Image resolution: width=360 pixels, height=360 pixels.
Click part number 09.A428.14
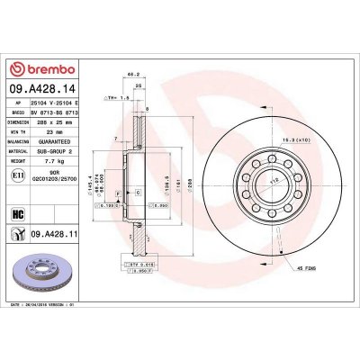[44, 89]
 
